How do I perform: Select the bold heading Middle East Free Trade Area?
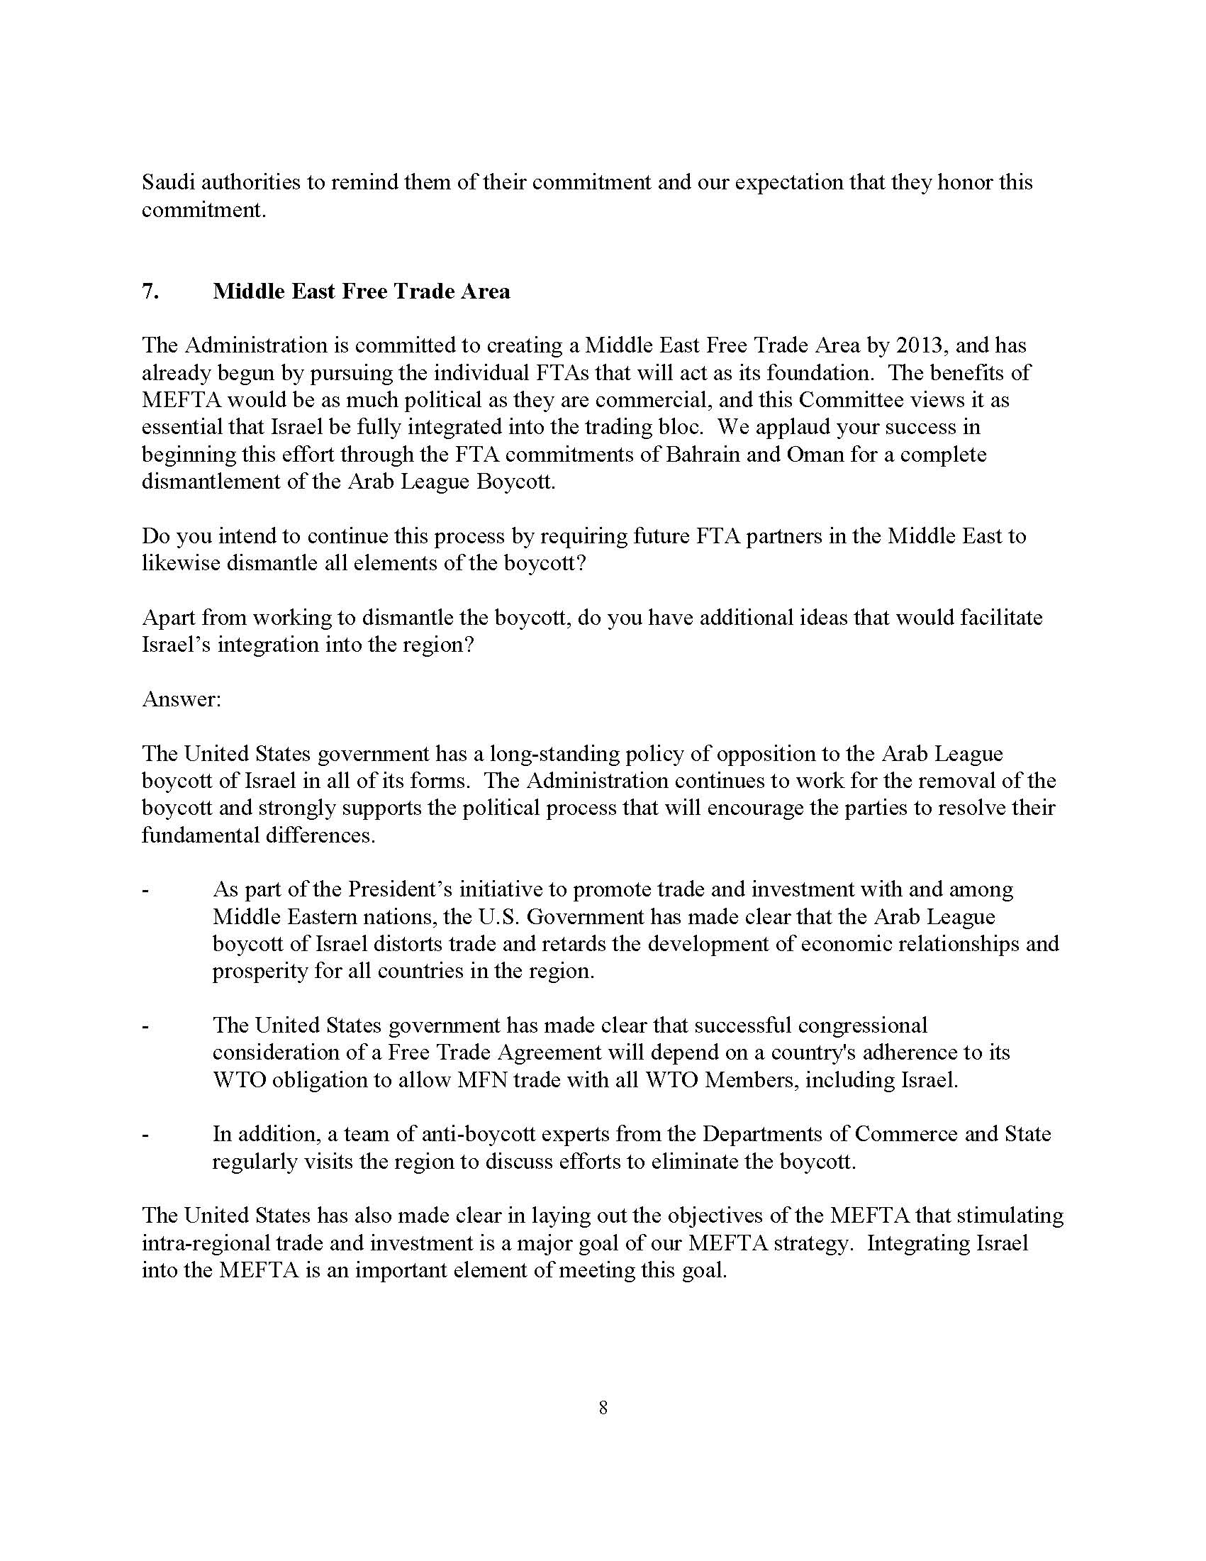[361, 291]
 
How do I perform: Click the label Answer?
[182, 699]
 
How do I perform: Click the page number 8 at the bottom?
[603, 1408]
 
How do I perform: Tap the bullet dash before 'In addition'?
[146, 1135]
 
